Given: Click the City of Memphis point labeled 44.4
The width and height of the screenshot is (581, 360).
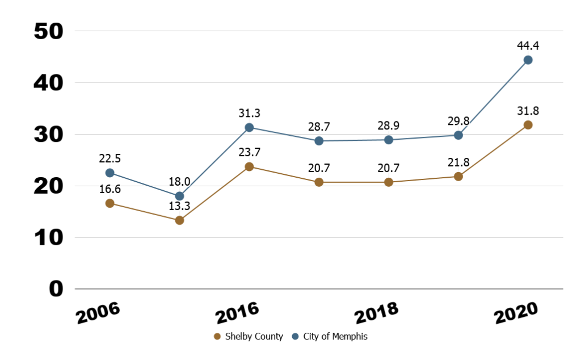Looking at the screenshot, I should coord(528,60).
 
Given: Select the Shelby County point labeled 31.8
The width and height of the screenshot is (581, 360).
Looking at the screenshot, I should coord(528,125).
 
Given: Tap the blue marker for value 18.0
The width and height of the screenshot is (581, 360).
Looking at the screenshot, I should coord(179,196).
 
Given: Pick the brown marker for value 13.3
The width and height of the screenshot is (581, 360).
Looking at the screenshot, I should coord(179,220).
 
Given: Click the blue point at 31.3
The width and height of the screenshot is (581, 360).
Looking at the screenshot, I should coord(249,127).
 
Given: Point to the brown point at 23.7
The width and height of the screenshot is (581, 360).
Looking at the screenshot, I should coord(249,166).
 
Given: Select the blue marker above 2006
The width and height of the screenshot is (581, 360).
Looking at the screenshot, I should coord(110,173).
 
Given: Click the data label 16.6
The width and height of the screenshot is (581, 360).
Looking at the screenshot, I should coord(110,189).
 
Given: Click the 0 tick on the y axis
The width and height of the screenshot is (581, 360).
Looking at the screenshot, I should coord(56,289).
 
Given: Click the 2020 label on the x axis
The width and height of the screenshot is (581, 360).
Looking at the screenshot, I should coord(515,313).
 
